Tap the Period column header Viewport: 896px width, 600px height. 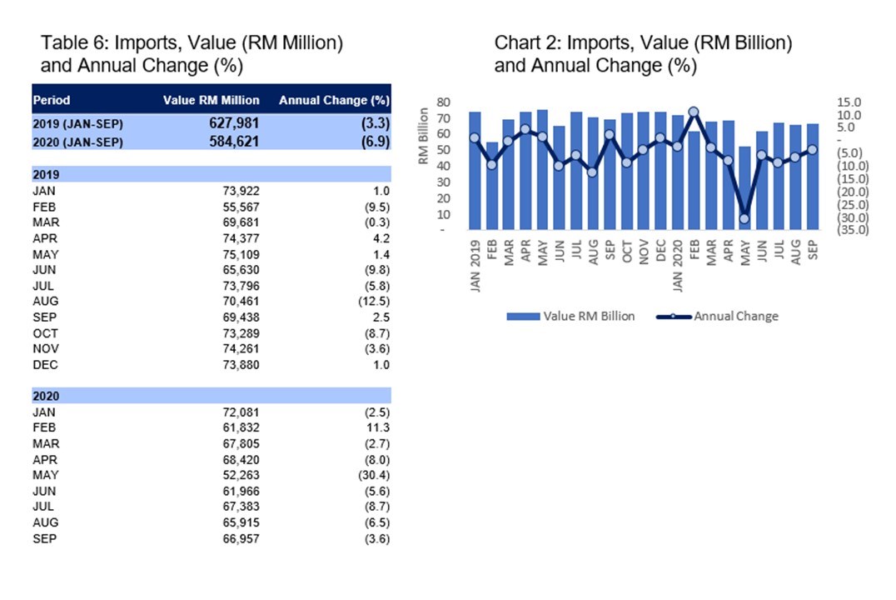52,100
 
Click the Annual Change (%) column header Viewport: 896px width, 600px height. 334,100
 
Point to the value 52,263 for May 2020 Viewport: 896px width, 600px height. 242,476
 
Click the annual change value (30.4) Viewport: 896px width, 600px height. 372,476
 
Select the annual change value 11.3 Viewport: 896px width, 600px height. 377,427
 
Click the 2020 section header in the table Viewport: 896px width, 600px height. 47,396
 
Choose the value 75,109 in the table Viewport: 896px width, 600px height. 242,254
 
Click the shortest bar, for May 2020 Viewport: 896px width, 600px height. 744,188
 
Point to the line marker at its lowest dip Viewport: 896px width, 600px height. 744,219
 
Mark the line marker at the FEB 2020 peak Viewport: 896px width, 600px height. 694,112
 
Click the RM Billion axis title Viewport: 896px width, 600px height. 424,136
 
